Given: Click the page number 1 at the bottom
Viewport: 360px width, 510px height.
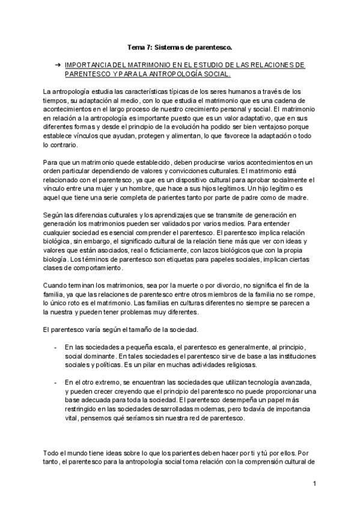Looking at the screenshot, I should pyautogui.click(x=314, y=484).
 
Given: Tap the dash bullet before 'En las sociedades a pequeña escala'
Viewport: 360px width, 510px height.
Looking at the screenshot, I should pyautogui.click(x=56, y=347).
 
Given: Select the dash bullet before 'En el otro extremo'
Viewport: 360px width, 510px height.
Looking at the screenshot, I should pyautogui.click(x=56, y=382).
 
